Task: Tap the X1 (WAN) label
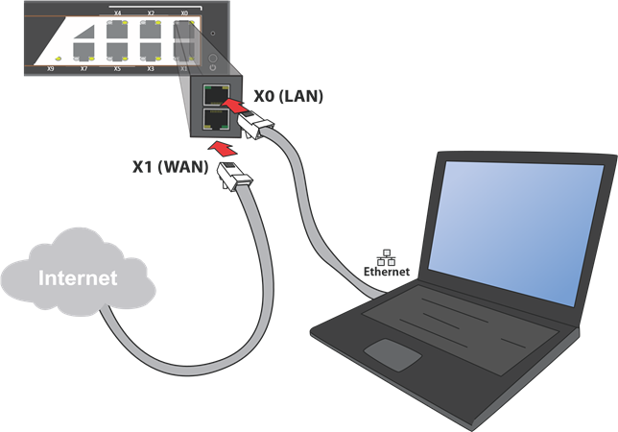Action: coord(169,165)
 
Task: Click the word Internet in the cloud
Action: coord(77,278)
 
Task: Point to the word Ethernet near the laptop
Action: coord(386,272)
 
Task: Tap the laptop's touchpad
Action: coord(390,353)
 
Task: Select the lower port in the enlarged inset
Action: coord(215,122)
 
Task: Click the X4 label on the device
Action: coord(117,13)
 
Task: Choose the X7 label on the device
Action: coord(83,69)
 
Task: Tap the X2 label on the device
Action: coord(151,13)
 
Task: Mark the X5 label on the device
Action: coord(117,69)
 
